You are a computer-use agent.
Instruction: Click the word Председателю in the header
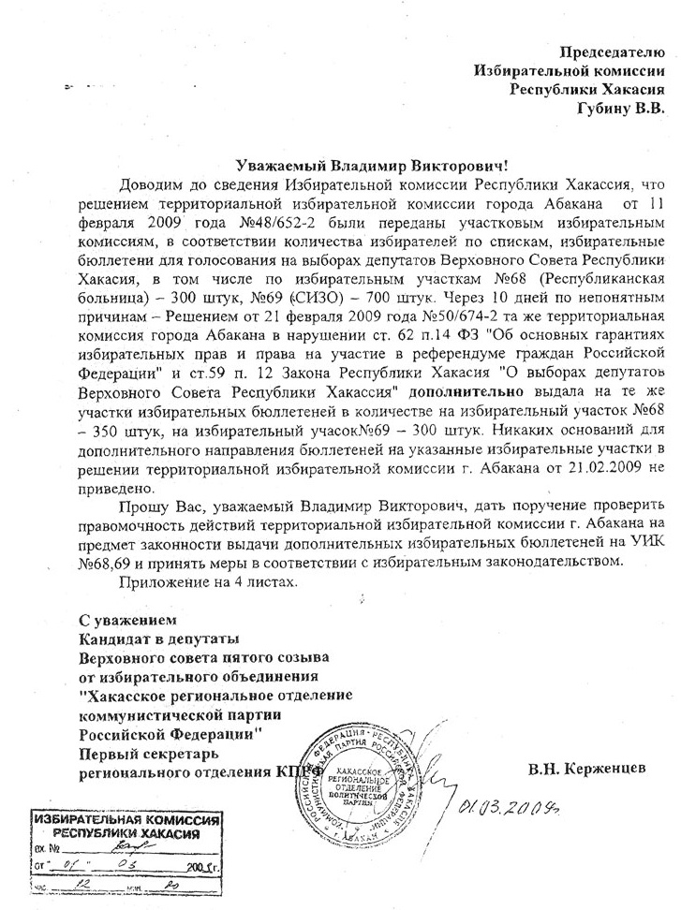(613, 53)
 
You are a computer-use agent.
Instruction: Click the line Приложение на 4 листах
(207, 581)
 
